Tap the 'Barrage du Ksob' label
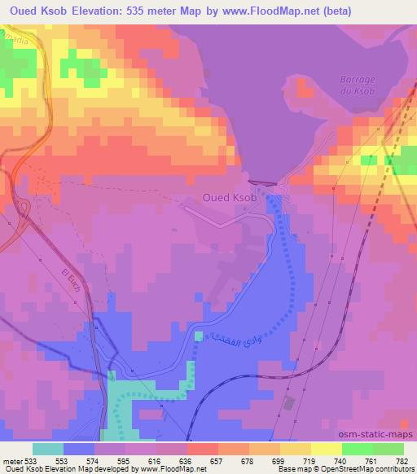click(x=357, y=86)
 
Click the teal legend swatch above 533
click(x=48, y=449)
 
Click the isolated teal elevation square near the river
click(x=199, y=336)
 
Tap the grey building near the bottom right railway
click(x=287, y=404)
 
